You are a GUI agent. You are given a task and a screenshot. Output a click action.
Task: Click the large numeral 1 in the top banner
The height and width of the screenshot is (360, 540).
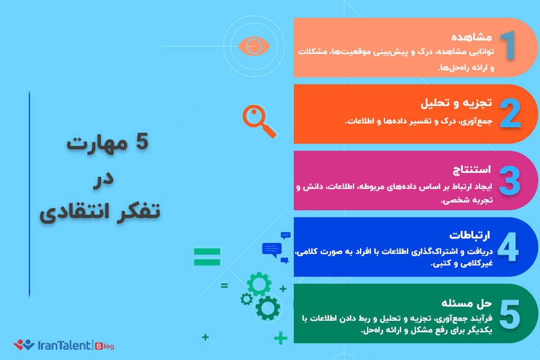coord(508,45)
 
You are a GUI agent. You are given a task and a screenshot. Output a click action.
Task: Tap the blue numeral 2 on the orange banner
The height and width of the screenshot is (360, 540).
coord(510,113)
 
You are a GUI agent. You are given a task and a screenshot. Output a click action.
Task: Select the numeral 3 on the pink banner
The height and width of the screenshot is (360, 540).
coord(510,180)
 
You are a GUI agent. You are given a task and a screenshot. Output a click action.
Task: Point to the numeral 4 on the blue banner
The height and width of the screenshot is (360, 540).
coord(508,246)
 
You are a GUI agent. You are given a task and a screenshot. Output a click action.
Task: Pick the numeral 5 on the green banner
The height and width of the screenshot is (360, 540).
coord(509,313)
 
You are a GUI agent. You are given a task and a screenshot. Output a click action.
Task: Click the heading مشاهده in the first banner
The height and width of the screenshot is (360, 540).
coord(471,37)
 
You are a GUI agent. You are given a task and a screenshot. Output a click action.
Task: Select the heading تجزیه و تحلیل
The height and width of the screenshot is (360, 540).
coord(456,103)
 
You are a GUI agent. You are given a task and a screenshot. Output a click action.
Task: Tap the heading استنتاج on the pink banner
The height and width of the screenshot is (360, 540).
coord(472,169)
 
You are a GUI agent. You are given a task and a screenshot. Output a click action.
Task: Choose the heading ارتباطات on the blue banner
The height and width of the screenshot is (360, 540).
coord(469,235)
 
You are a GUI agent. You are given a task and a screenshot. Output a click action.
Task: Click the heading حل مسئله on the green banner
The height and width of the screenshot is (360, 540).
coord(466,303)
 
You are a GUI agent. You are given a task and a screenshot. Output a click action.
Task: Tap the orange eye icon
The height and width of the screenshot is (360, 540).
coord(254,46)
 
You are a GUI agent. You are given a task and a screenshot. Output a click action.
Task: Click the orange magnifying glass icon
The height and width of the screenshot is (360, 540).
coord(260,121)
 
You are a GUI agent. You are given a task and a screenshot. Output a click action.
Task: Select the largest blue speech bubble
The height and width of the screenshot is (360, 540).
coord(272,250)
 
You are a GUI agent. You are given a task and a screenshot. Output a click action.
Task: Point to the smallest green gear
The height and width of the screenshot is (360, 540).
coord(246,299)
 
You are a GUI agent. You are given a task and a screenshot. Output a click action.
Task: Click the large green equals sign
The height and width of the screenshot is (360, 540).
coord(207,256)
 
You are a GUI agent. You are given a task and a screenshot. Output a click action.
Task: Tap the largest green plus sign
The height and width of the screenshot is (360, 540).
coord(281,338)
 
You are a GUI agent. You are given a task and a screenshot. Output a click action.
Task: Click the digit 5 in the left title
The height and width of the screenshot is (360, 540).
coord(142,141)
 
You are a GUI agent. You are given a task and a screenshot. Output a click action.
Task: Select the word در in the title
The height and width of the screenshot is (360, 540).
coord(104,179)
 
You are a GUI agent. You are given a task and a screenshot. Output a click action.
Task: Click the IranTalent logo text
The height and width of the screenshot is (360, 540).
coord(64,345)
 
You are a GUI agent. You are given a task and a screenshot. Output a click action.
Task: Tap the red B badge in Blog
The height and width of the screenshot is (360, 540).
coord(99,346)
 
